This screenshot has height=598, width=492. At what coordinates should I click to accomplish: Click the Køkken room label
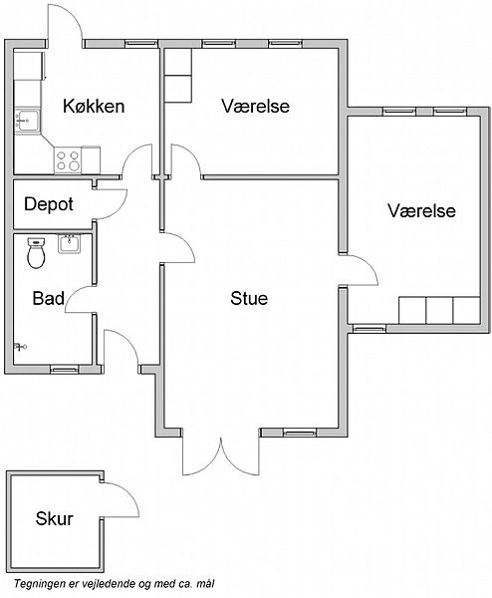click(x=94, y=106)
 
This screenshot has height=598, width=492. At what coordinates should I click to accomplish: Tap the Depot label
click(x=49, y=204)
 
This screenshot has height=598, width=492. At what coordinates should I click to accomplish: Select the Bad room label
click(x=49, y=298)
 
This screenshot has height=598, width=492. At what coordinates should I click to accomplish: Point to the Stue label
click(x=249, y=298)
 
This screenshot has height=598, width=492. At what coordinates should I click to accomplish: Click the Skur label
click(x=54, y=518)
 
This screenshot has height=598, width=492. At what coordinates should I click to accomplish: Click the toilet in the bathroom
click(x=36, y=253)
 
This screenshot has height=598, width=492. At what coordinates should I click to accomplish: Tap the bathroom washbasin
click(x=70, y=244)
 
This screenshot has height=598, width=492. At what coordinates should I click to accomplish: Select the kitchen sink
click(x=27, y=121)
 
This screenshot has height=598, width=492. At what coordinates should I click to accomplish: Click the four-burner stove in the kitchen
click(x=68, y=160)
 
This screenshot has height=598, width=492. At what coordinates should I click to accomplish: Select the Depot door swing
click(x=111, y=204)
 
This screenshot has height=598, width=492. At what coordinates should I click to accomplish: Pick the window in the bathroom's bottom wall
click(x=64, y=369)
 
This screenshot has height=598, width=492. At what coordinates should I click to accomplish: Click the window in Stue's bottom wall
click(x=300, y=433)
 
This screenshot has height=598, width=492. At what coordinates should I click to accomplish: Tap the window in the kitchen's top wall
click(x=141, y=44)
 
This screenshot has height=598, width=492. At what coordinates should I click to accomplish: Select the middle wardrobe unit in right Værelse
click(x=439, y=310)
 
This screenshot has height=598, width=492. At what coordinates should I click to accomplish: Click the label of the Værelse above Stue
click(x=255, y=106)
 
